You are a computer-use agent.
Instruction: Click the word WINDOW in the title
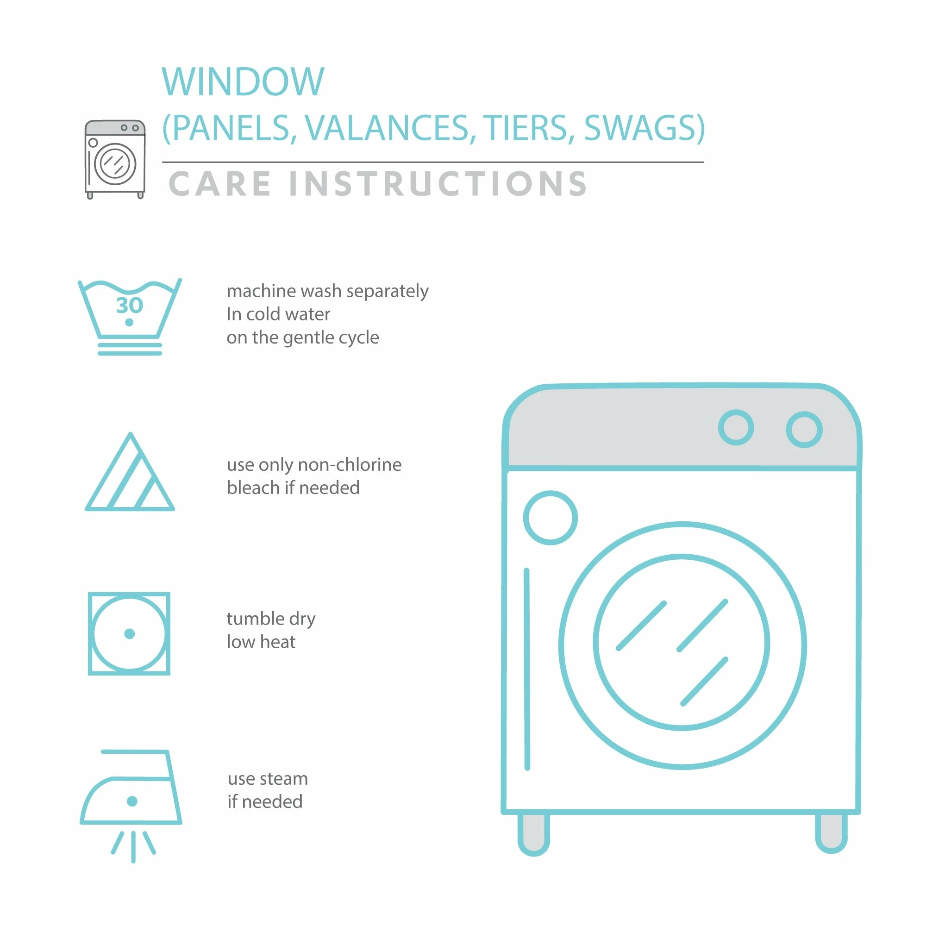click(243, 81)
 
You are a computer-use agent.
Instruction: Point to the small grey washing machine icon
click(115, 159)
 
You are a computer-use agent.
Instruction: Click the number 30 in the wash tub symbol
click(130, 305)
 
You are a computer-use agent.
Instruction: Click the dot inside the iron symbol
click(132, 801)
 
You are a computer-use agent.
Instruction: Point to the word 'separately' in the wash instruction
click(387, 291)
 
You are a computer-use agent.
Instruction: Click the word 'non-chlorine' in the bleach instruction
click(350, 464)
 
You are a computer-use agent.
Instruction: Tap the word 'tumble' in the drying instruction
click(256, 618)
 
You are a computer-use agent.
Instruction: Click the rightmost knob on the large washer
click(804, 430)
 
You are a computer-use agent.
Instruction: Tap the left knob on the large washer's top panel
click(736, 427)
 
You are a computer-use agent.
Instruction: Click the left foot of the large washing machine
click(533, 834)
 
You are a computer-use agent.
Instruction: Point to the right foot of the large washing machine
click(831, 833)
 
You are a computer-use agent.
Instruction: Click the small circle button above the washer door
click(550, 518)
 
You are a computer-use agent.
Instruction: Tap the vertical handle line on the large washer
click(527, 669)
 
